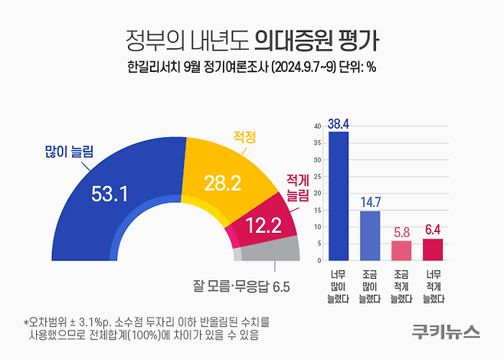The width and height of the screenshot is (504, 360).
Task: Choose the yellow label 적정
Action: pyautogui.click(x=244, y=137)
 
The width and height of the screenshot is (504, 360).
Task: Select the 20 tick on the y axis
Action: pyautogui.click(x=318, y=193)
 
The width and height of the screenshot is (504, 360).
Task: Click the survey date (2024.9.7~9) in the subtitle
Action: pyautogui.click(x=313, y=67)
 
